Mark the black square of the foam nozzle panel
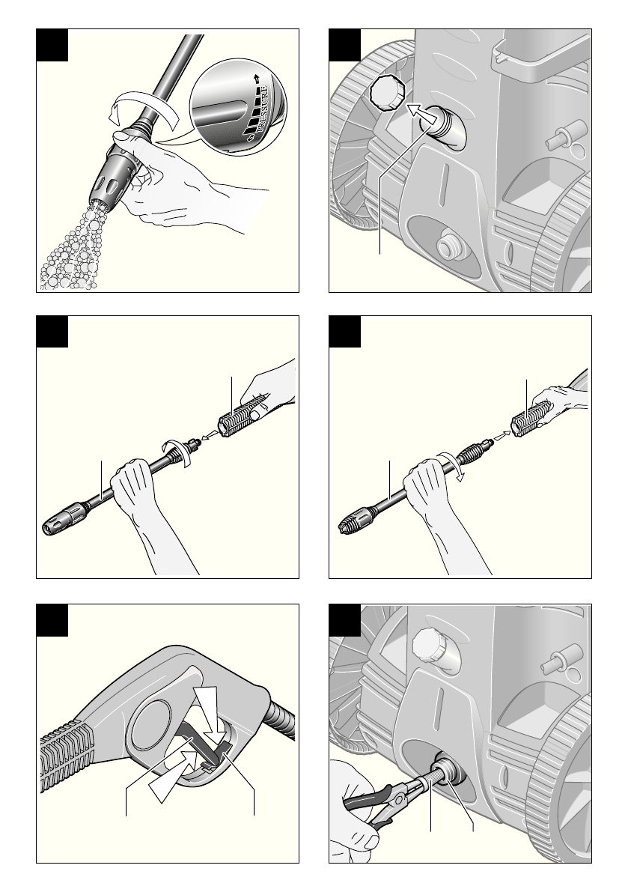[52, 45]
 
